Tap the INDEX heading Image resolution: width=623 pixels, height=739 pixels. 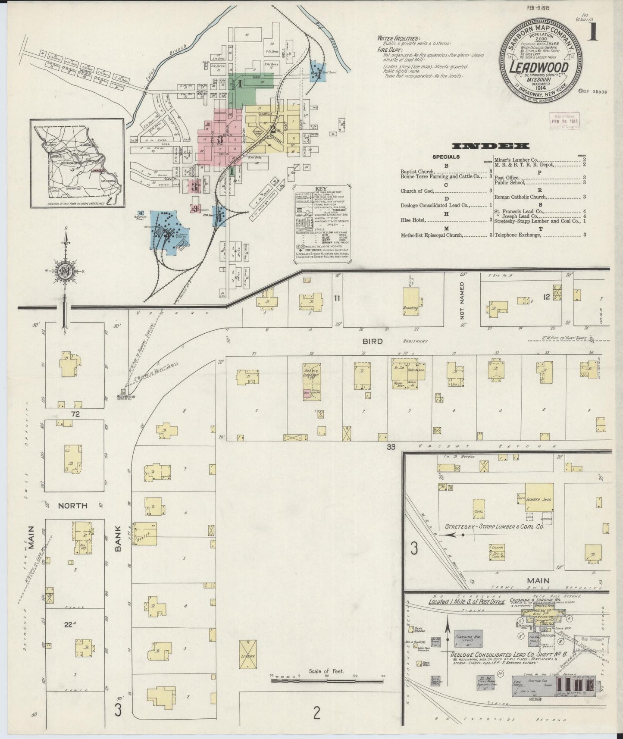tap(491, 146)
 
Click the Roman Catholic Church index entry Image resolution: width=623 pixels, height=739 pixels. tap(520, 197)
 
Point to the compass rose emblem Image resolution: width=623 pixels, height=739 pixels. tap(65, 271)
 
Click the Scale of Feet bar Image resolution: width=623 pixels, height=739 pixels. tap(327, 693)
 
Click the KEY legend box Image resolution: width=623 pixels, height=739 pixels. tap(321, 225)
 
